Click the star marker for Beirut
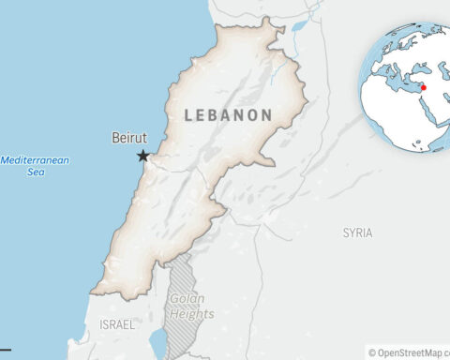[x=143, y=156]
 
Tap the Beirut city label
[x=128, y=139]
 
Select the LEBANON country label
[x=229, y=115]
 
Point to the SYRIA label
[x=357, y=232]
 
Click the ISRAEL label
[x=117, y=323]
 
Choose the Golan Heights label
[x=191, y=307]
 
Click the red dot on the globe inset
[x=424, y=87]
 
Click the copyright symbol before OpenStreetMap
[x=372, y=352]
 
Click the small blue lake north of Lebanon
[x=298, y=26]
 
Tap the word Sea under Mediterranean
[x=35, y=172]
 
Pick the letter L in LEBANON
[x=189, y=115]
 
